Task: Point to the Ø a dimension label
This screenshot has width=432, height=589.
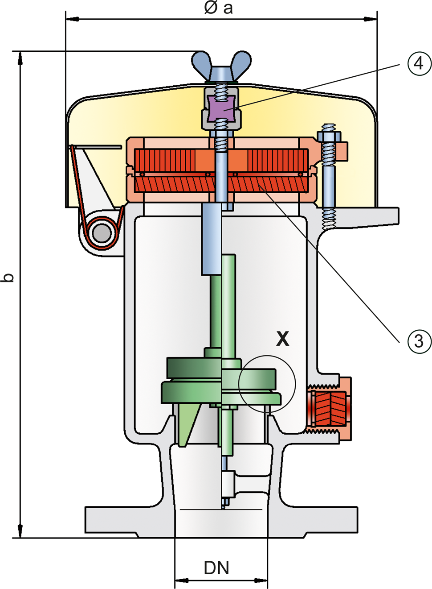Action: pos(218,8)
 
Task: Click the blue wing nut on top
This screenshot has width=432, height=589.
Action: pos(222,67)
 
